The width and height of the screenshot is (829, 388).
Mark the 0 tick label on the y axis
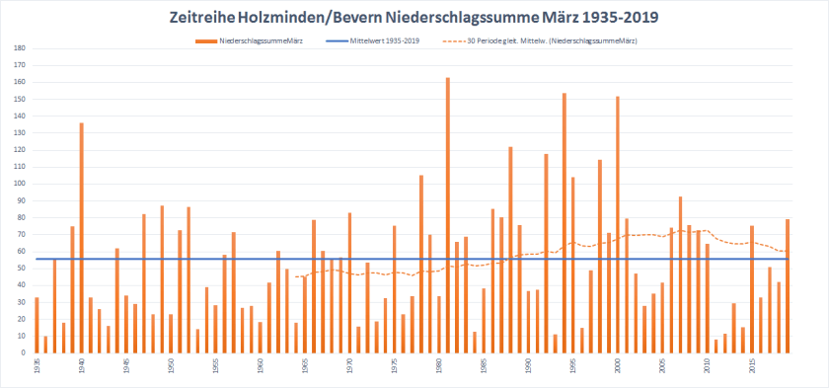tap(23, 352)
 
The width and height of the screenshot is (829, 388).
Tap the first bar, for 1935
tap(38, 325)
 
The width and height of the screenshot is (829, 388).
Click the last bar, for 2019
tap(788, 286)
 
